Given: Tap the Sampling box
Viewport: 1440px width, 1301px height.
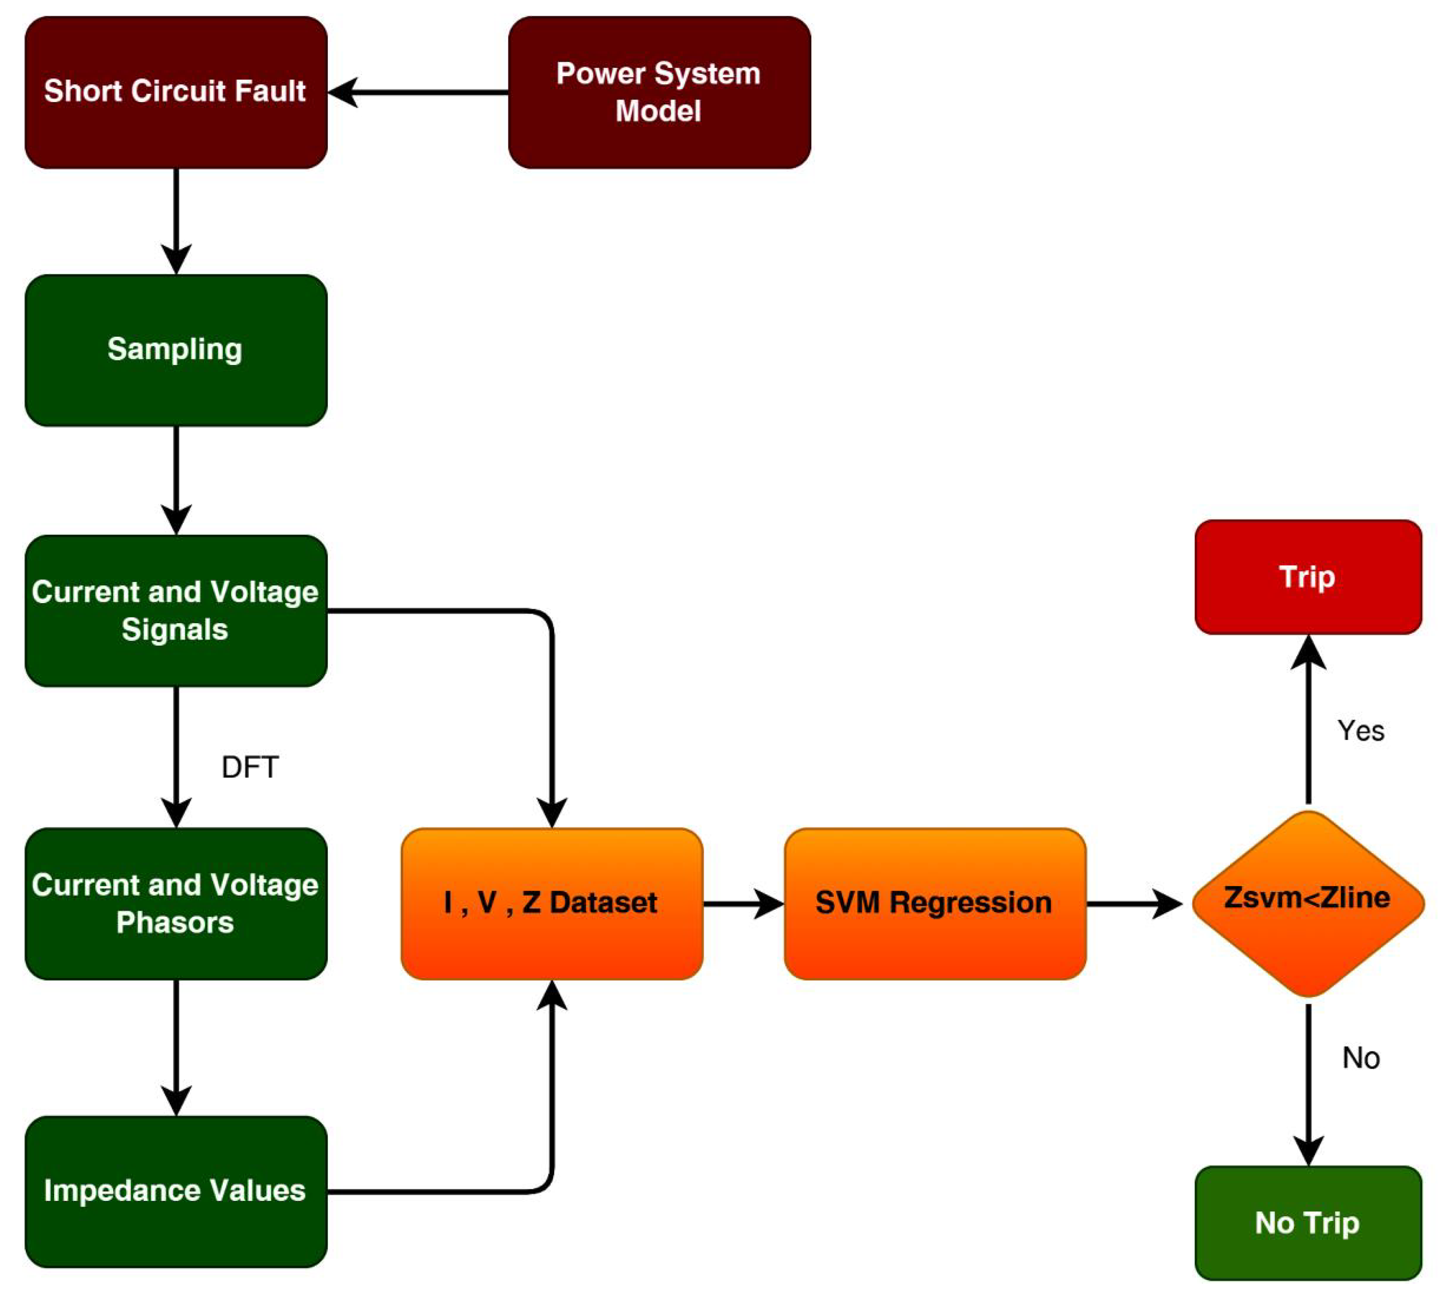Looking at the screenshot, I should [176, 350].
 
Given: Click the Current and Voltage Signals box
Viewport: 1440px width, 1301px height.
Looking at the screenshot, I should [176, 611].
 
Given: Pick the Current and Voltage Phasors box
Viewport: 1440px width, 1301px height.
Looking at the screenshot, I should [176, 903].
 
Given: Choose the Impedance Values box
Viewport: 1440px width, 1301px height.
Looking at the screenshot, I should [176, 1191].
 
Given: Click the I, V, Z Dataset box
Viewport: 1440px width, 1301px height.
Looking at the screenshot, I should [552, 903].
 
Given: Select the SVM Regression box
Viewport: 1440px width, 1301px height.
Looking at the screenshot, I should [934, 903].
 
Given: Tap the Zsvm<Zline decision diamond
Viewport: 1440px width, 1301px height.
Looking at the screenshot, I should [1307, 903].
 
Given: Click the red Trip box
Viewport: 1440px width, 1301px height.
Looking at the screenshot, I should [1307, 577].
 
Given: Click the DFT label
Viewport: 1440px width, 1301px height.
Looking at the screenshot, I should [249, 767].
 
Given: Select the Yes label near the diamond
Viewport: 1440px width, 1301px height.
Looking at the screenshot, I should [1360, 730].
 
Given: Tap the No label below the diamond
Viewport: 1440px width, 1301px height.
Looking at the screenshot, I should [1360, 1058].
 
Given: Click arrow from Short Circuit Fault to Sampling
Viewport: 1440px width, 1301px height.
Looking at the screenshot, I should [176, 221].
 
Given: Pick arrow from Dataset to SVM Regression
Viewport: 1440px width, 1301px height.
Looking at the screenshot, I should [743, 903].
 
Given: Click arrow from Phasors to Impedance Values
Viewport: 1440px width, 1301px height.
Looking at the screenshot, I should [176, 1046].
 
